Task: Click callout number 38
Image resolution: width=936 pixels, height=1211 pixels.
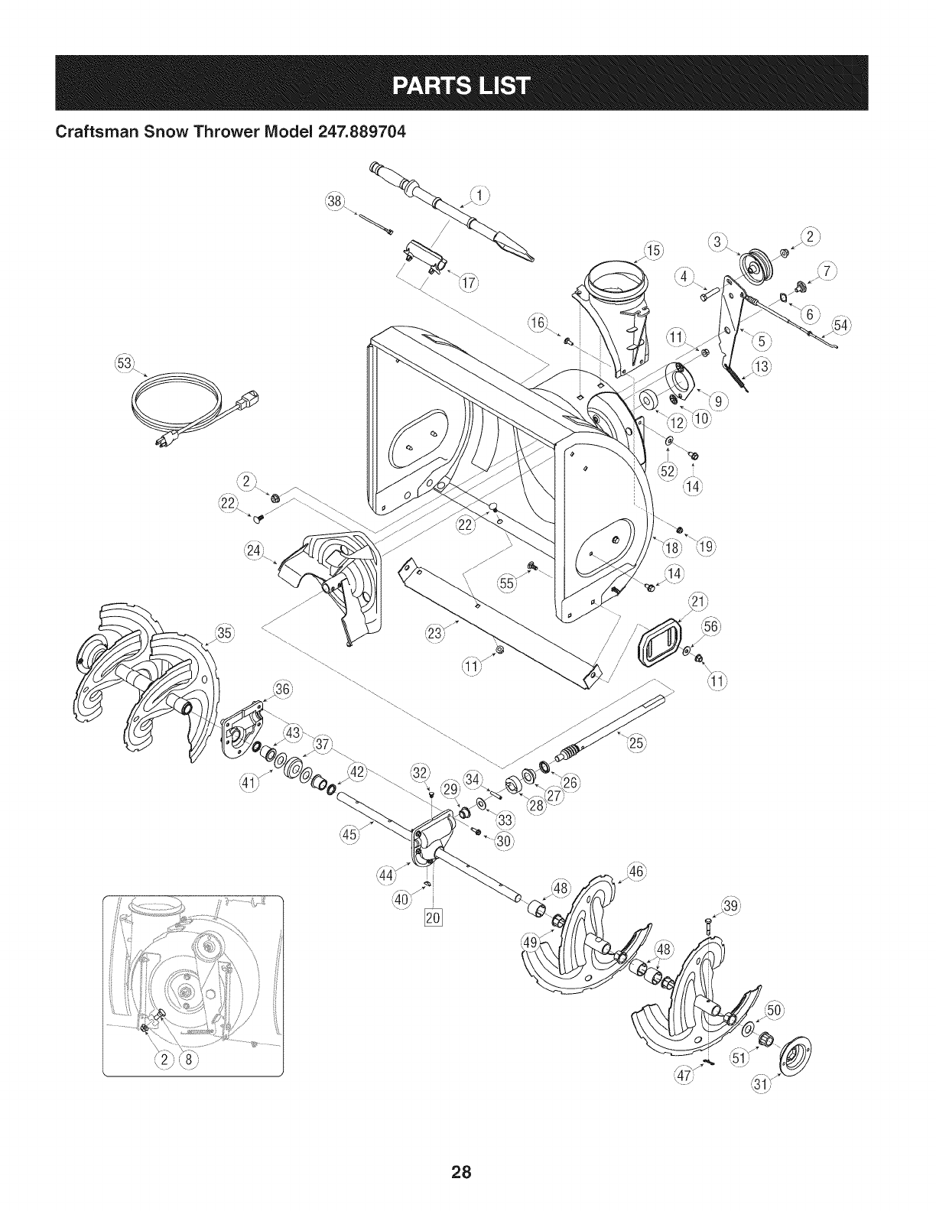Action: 333,201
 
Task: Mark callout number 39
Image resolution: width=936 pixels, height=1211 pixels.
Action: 732,907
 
